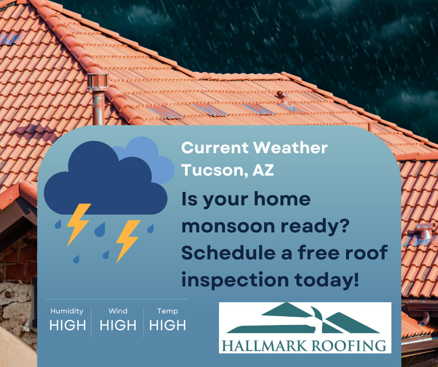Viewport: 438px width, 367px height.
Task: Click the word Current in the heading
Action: pos(215,148)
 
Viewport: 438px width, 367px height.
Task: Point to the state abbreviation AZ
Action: pos(263,170)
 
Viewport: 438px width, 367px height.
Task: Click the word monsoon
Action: pos(228,226)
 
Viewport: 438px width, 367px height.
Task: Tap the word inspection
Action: pos(235,280)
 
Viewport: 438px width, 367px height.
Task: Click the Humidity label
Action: pos(67,311)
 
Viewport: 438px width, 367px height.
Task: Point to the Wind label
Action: pos(118,311)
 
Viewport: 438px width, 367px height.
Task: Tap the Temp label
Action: pos(167,311)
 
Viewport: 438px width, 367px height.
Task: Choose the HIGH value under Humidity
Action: pos(68,326)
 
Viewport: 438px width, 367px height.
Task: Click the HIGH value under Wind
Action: pos(118,326)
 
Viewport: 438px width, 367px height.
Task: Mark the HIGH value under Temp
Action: pos(168,326)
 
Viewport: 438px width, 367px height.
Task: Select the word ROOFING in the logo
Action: pos(349,346)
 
